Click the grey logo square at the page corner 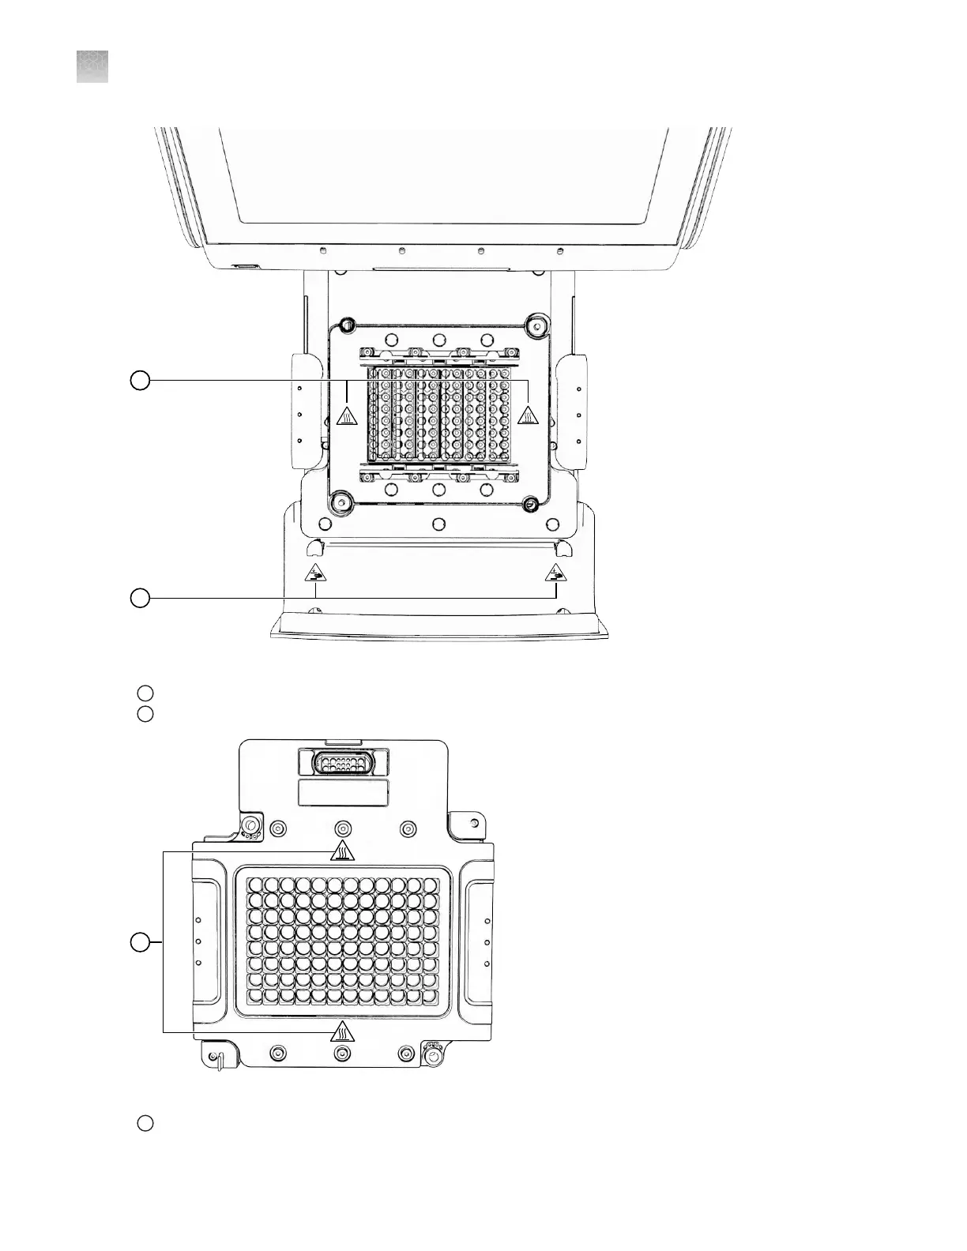[x=92, y=67]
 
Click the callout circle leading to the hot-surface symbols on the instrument [x=140, y=381]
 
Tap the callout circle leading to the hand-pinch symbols [x=140, y=598]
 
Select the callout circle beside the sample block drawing [x=140, y=942]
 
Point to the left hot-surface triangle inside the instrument [x=345, y=416]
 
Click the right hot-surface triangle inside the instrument [x=529, y=415]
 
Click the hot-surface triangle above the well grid [x=342, y=851]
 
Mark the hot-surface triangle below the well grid [x=342, y=1031]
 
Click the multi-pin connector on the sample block [x=343, y=764]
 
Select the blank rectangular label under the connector [x=343, y=793]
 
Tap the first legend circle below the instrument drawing [x=145, y=693]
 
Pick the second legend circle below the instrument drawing [x=145, y=714]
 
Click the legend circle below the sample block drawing [x=145, y=1123]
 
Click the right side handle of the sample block [x=479, y=942]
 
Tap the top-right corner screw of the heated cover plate [x=536, y=324]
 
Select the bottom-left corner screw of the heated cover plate [x=341, y=501]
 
